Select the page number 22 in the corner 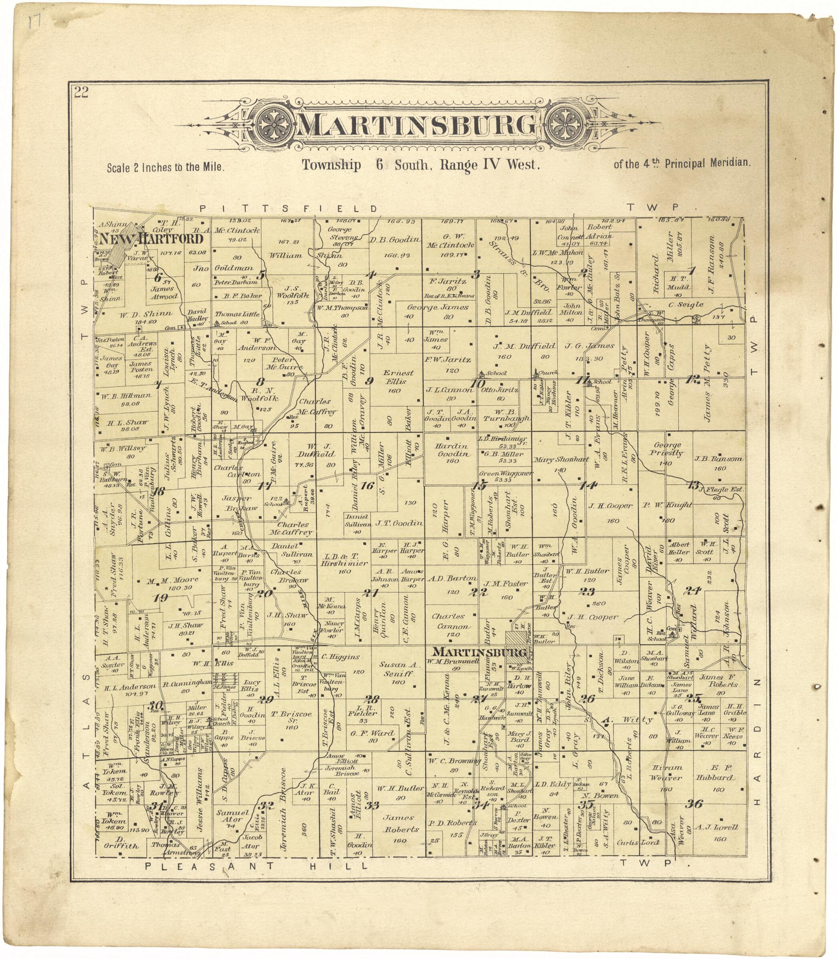click(x=81, y=93)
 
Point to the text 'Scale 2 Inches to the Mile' click(x=166, y=167)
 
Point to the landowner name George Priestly click(x=668, y=449)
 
